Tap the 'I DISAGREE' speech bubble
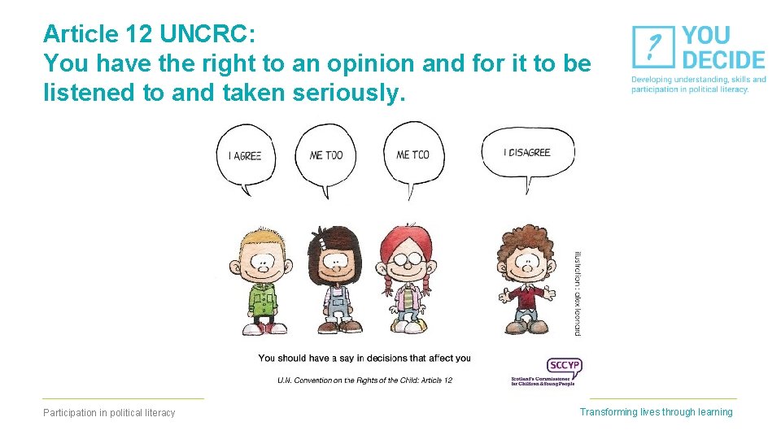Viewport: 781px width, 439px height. coord(526,152)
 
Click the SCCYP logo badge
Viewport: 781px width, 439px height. coord(564,366)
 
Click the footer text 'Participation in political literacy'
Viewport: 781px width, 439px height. coord(109,413)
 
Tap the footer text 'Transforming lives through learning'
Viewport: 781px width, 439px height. coord(656,412)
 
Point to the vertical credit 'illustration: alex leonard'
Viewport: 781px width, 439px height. coord(578,293)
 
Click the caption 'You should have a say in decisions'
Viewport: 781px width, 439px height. coord(364,358)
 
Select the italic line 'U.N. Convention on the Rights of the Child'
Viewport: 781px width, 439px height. coord(364,380)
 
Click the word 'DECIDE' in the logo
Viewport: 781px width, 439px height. coord(723,60)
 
